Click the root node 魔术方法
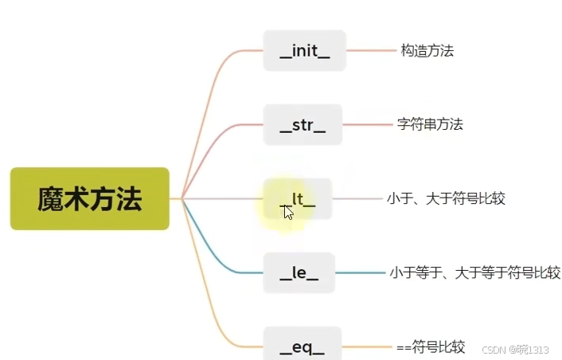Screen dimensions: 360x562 pyautogui.click(x=89, y=198)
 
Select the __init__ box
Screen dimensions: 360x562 pyautogui.click(x=304, y=51)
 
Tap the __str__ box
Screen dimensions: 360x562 pyautogui.click(x=302, y=125)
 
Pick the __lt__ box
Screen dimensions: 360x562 pyautogui.click(x=298, y=199)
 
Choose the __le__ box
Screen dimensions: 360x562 pyautogui.click(x=299, y=273)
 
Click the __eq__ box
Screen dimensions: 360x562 pyautogui.click(x=302, y=346)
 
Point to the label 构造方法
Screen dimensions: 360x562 pyautogui.click(x=427, y=51)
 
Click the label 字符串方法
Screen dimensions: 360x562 pyautogui.click(x=430, y=124)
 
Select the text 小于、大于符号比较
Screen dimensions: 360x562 pyautogui.click(x=446, y=198)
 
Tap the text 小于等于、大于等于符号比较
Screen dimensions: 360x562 pyautogui.click(x=474, y=273)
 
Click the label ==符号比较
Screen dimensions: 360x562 pyautogui.click(x=431, y=346)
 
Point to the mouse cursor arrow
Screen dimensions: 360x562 pyautogui.click(x=287, y=212)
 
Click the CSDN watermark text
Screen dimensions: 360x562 pyautogui.click(x=516, y=349)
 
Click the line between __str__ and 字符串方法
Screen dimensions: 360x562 pyautogui.click(x=369, y=124)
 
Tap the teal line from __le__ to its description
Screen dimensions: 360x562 pyautogui.click(x=360, y=273)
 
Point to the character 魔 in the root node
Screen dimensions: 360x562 pyautogui.click(x=50, y=198)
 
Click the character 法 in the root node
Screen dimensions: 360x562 pyautogui.click(x=129, y=198)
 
